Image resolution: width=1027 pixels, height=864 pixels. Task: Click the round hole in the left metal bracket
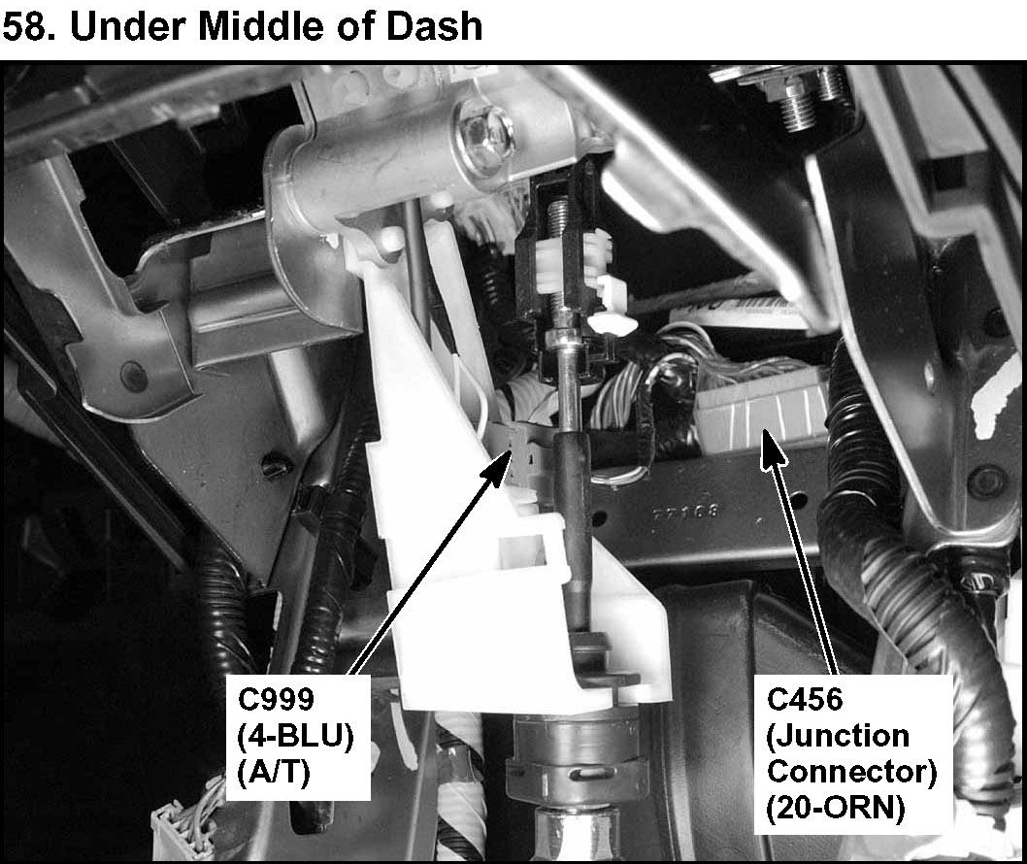click(x=128, y=370)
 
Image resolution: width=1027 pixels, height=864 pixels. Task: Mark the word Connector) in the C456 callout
click(x=851, y=772)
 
